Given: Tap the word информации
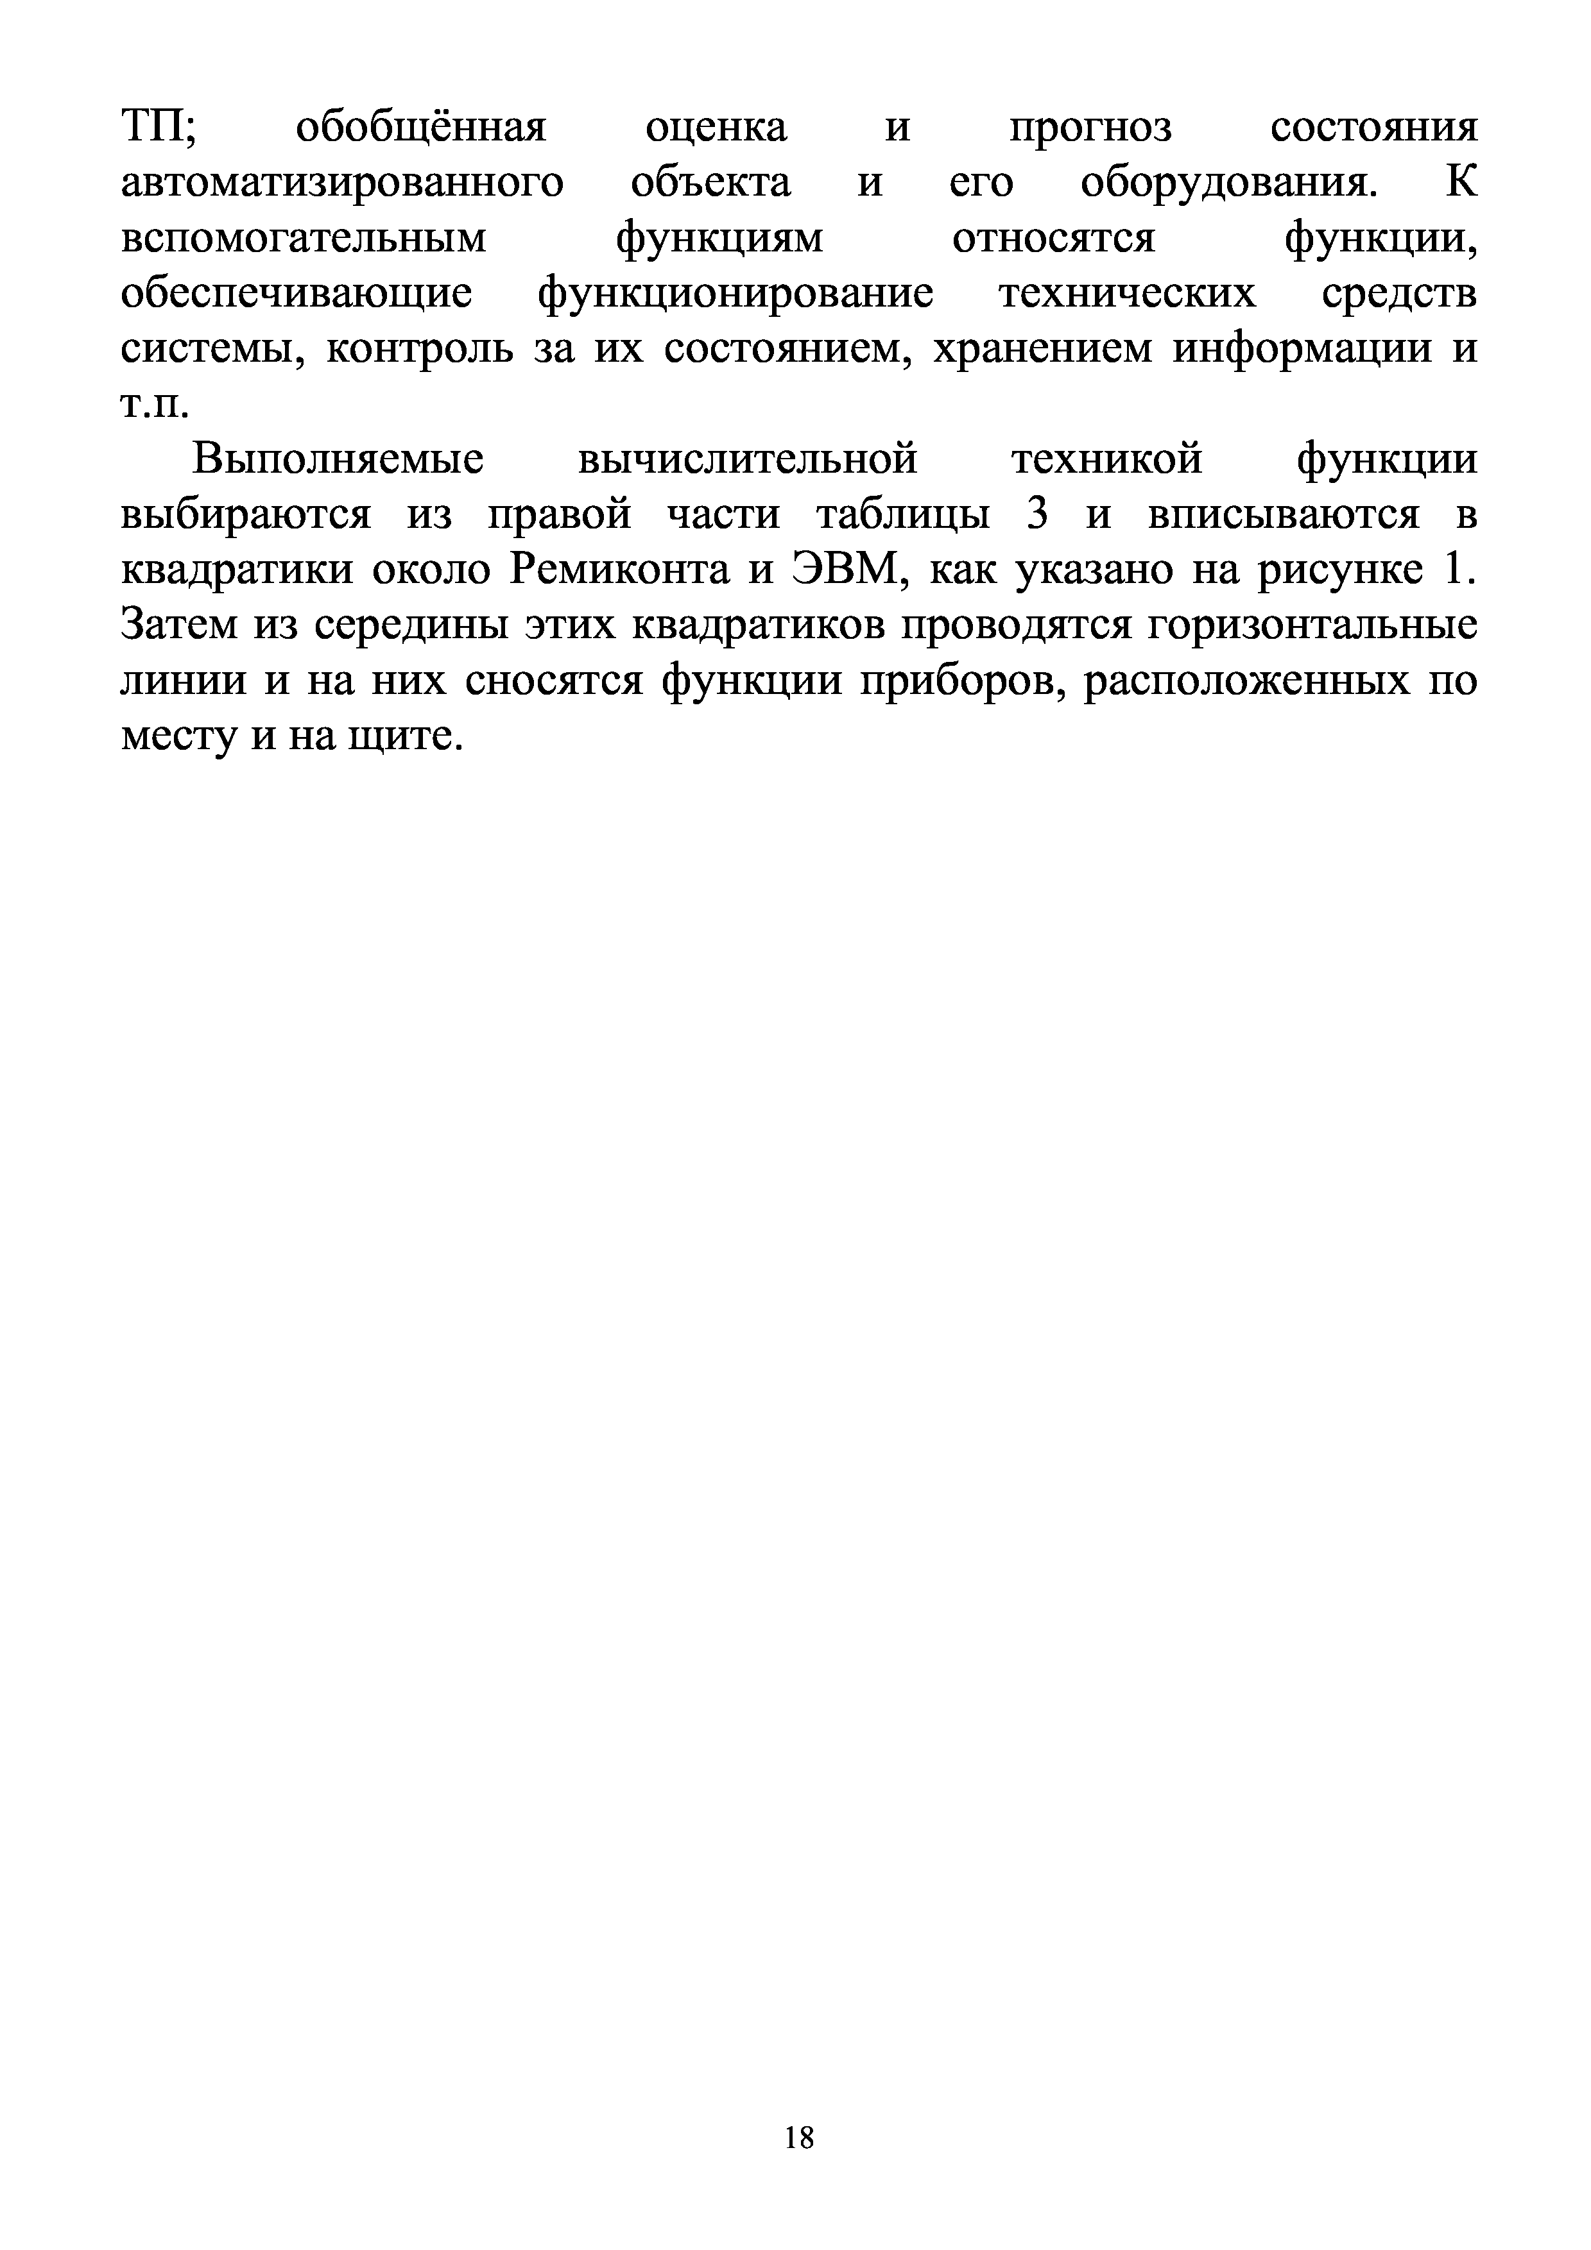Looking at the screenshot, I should [x=1303, y=350].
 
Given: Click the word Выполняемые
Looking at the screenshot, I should [x=338, y=460].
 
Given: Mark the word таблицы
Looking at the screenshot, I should [x=902, y=516].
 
